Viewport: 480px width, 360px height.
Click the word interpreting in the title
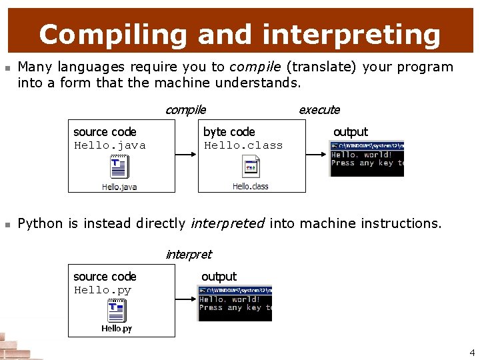[x=351, y=34]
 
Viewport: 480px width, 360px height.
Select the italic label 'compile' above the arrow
[x=185, y=110]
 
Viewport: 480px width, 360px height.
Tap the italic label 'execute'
[x=319, y=110]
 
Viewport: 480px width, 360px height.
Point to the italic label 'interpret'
[x=188, y=254]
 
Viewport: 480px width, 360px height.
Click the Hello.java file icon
[x=119, y=167]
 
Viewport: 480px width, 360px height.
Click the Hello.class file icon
[x=251, y=167]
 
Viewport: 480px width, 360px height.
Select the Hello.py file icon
[x=117, y=311]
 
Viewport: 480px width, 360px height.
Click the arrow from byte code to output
[x=317, y=155]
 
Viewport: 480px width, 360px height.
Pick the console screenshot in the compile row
[x=367, y=159]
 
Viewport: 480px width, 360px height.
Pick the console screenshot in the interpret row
[x=235, y=303]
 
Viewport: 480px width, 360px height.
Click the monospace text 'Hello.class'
[x=243, y=145]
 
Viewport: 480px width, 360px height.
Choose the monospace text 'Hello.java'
[x=109, y=145]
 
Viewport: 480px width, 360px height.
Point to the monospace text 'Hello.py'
[x=103, y=290]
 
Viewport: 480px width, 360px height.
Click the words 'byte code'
[x=229, y=132]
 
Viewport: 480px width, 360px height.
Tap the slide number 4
[x=472, y=353]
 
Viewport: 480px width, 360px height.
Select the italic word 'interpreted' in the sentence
[x=227, y=223]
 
